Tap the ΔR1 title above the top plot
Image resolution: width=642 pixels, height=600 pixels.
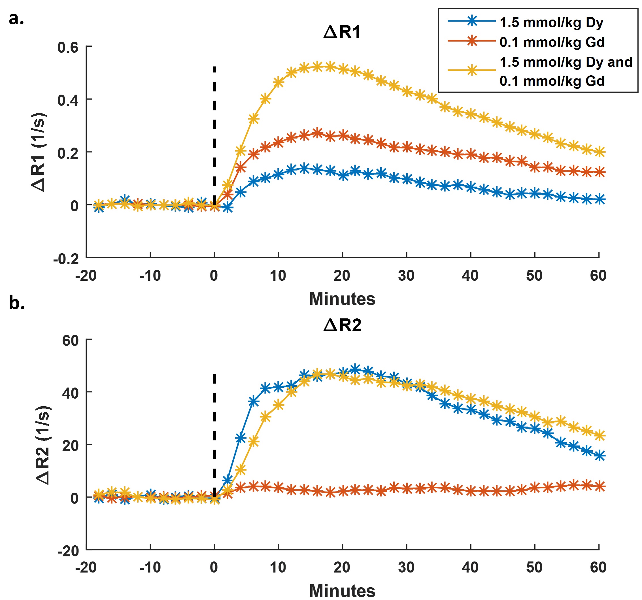click(342, 32)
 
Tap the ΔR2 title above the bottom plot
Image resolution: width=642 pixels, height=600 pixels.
click(342, 325)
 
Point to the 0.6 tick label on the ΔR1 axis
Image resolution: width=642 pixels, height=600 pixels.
click(68, 48)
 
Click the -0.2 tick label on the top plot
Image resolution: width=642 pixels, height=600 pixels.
click(66, 259)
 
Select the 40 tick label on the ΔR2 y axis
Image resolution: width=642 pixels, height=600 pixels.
click(70, 393)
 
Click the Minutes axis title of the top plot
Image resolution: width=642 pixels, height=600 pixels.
click(342, 299)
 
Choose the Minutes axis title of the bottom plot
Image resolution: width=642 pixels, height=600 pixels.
click(342, 591)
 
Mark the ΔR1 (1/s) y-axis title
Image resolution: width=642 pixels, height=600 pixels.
click(39, 152)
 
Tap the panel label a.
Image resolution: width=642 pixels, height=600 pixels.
click(16, 19)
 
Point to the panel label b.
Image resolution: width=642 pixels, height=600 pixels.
click(17, 303)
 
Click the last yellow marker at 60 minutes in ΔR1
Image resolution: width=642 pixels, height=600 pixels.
click(600, 152)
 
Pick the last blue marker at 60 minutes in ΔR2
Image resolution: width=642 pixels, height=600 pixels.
click(600, 456)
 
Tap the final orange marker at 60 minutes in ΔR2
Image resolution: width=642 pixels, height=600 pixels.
click(600, 486)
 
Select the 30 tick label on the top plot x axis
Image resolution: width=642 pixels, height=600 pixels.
click(406, 275)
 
